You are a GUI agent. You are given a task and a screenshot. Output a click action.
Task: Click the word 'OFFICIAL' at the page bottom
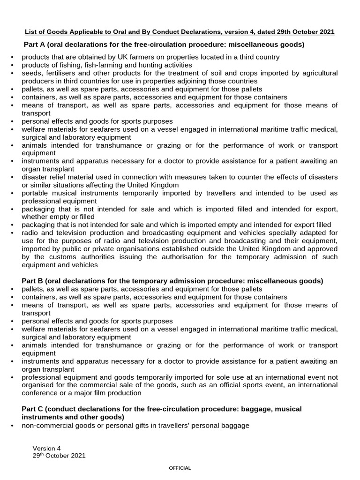point(180,468)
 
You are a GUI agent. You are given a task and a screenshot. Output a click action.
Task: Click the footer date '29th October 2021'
point(59,456)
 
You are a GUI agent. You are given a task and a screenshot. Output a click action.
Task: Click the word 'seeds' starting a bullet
point(31,74)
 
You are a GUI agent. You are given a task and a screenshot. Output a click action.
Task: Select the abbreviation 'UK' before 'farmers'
point(122,57)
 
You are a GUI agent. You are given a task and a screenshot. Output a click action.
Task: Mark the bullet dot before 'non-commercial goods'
point(12,426)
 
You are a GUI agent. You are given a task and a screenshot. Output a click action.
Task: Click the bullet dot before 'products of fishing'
point(12,65)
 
